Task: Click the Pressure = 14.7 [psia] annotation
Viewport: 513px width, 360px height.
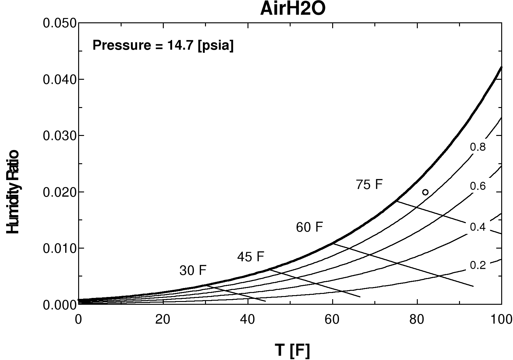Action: click(163, 46)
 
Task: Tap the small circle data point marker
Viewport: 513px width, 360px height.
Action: click(425, 192)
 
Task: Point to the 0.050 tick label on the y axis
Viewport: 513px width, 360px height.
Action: click(60, 23)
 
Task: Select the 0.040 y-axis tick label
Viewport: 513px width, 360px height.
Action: click(60, 80)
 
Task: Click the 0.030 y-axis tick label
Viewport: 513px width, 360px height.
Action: click(60, 136)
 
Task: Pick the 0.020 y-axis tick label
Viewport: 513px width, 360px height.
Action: click(60, 192)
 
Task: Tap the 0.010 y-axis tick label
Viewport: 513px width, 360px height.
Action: click(60, 249)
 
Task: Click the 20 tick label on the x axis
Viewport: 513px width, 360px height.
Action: click(163, 319)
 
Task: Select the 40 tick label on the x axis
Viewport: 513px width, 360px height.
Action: click(248, 319)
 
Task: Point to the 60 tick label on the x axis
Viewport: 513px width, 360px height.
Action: click(332, 319)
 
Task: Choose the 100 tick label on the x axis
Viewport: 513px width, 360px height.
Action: click(501, 319)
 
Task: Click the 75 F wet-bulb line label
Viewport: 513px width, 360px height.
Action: click(369, 185)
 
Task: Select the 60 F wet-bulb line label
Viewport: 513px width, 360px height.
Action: click(309, 227)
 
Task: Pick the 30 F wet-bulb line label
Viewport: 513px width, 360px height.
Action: click(193, 271)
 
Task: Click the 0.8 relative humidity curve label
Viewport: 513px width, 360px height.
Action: click(478, 147)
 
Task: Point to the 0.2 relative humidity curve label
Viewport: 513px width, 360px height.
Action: click(478, 265)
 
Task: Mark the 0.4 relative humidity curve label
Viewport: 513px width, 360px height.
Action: click(478, 227)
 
